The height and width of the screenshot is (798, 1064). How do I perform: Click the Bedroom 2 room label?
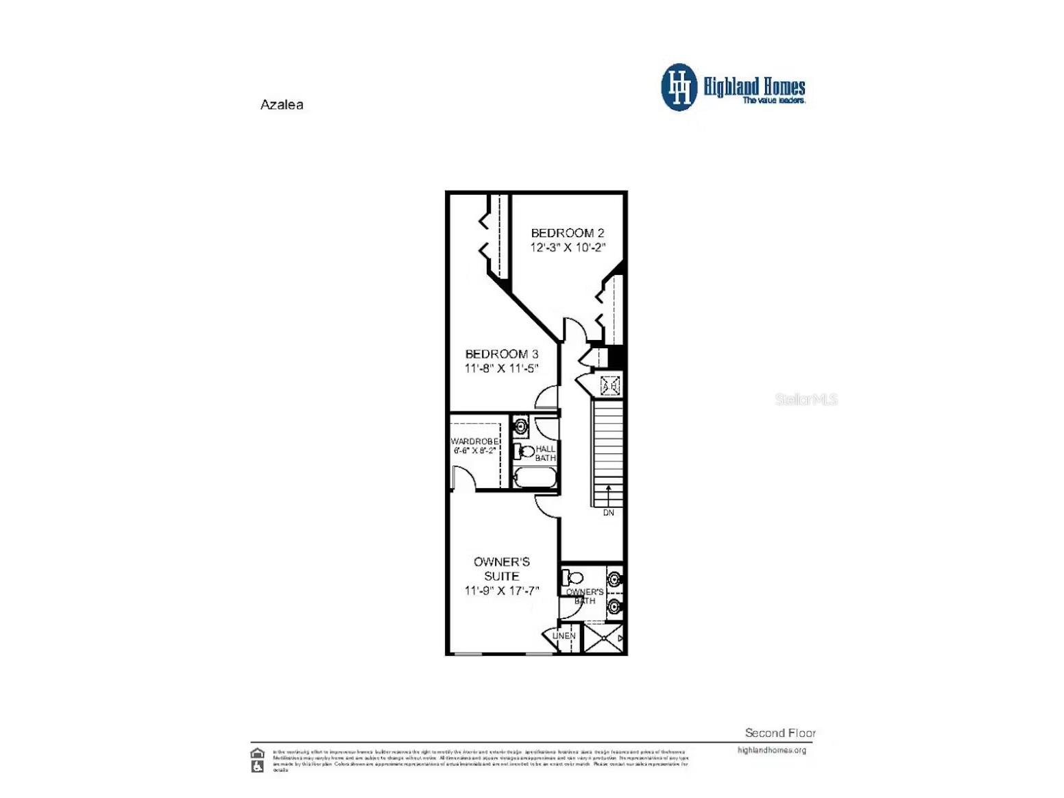567,233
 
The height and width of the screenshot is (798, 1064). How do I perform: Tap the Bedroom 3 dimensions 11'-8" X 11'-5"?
501,369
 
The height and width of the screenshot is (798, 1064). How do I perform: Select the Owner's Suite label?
501,569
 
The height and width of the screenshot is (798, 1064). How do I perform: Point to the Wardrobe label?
474,441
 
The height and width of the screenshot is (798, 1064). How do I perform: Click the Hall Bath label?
546,453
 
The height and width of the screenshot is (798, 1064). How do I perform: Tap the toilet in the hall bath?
524,451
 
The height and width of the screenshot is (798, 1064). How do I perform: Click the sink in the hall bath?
521,426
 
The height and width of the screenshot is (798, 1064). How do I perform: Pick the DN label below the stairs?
608,513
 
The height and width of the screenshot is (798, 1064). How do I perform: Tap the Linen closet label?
564,636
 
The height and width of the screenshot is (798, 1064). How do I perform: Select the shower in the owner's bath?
603,638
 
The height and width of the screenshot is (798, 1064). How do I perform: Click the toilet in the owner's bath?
572,578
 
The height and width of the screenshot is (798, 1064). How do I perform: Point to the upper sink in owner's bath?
615,579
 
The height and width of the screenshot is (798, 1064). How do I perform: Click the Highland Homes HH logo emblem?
679,87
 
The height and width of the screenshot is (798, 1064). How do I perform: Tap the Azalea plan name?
282,105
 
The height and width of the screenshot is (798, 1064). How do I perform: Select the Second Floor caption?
780,733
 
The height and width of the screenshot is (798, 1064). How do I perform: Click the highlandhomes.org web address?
772,750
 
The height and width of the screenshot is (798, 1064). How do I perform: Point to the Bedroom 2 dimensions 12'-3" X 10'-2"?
568,247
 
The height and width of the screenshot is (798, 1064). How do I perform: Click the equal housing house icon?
258,753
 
